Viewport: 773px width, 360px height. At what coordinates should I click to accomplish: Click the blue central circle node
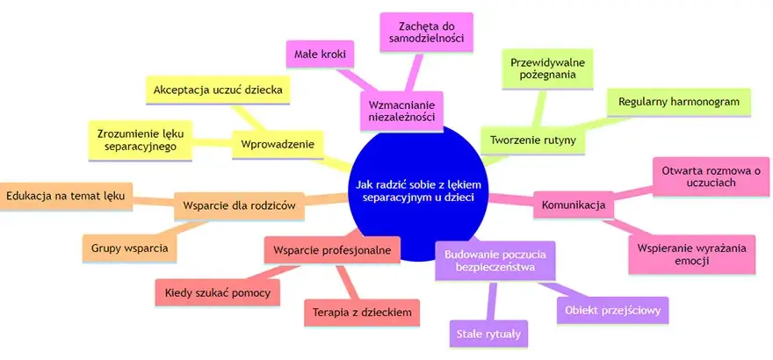(x=418, y=192)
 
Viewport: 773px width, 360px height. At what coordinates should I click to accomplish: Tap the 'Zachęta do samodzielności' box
(x=426, y=32)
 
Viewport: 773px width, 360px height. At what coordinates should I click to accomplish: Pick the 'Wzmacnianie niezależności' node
(x=401, y=112)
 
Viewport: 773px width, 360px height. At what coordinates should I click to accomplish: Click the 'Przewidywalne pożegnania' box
(x=547, y=69)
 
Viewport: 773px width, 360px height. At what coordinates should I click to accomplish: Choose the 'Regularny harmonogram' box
(x=678, y=103)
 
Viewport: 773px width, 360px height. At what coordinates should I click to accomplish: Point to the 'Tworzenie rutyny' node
(x=533, y=140)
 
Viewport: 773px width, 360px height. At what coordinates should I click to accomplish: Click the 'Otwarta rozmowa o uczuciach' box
(x=711, y=176)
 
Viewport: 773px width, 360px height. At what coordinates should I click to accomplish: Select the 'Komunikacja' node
(x=574, y=205)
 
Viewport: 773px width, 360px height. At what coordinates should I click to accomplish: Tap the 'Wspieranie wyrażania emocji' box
(x=691, y=254)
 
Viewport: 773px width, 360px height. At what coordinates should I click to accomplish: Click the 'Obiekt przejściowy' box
(x=612, y=310)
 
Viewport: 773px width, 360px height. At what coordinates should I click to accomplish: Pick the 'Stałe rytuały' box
(x=488, y=334)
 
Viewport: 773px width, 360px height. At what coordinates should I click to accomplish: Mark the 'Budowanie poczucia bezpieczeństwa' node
(x=495, y=261)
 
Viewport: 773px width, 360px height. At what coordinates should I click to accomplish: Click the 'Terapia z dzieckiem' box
(x=362, y=313)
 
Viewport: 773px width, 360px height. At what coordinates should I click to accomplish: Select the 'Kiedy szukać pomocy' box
(x=218, y=292)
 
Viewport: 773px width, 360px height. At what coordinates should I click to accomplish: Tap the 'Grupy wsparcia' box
(x=130, y=248)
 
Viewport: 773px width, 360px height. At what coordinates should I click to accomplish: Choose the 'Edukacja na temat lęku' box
(x=65, y=196)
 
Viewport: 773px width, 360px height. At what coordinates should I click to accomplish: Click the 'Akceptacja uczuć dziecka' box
(x=218, y=90)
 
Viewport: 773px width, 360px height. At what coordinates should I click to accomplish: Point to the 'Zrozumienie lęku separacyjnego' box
(x=140, y=140)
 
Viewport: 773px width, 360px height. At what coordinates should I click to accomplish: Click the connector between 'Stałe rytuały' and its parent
(x=492, y=300)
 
